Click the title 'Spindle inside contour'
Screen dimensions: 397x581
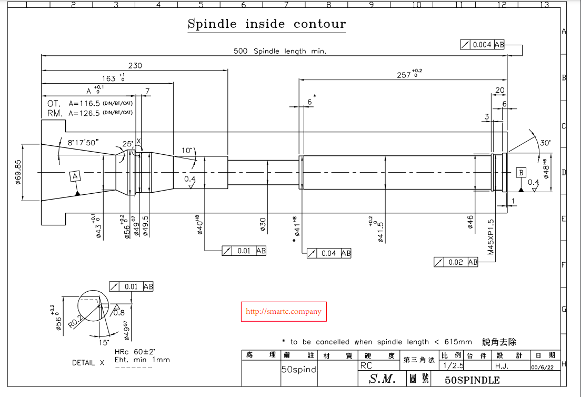click(267, 24)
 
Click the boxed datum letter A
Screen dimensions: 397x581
click(75, 176)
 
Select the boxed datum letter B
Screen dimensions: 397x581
click(521, 172)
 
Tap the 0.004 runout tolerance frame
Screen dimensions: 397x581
click(482, 45)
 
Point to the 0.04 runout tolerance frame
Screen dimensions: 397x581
click(329, 253)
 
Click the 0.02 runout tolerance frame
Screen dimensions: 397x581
click(456, 262)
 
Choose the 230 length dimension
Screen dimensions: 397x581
click(135, 66)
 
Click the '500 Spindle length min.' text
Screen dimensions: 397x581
click(280, 51)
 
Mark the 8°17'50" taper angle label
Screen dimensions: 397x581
click(84, 142)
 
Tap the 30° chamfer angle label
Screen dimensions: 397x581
click(545, 143)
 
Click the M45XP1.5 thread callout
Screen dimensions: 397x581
click(490, 237)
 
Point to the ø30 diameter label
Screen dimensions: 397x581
click(262, 224)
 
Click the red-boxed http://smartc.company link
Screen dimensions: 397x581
click(284, 312)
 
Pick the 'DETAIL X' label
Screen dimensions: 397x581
click(88, 363)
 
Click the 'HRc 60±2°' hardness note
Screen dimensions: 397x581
click(135, 351)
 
